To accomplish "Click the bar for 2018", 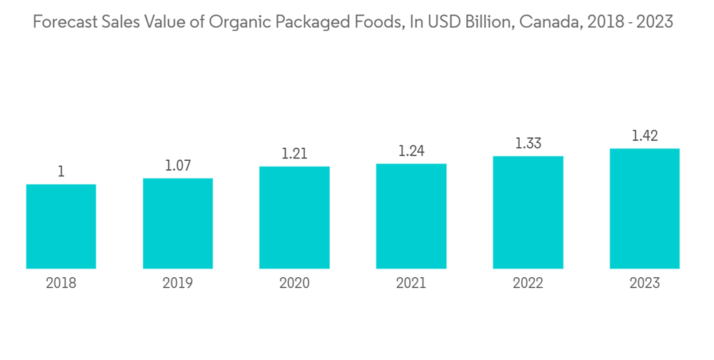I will point(61,226).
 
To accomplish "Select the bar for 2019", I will point(178,224).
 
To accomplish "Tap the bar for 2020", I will point(294,218).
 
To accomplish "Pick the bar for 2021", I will point(411,216).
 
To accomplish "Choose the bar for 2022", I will point(528,212).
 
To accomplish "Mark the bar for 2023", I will point(644,209).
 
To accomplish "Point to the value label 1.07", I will point(178,166).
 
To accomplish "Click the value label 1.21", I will point(294,154).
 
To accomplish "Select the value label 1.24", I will point(411,151).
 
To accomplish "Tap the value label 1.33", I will point(528,143).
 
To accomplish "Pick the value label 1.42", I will point(644,136).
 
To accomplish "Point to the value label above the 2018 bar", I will point(61,171).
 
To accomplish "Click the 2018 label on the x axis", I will point(61,284).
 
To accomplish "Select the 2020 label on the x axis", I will point(294,284).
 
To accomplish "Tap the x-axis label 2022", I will point(528,284).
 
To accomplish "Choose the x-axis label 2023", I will point(644,284).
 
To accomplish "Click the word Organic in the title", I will point(237,22).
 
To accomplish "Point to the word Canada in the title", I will point(545,21).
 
